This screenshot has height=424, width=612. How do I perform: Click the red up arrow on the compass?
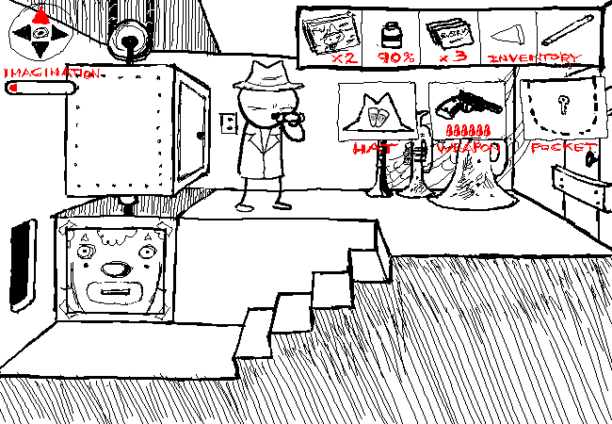click(40, 14)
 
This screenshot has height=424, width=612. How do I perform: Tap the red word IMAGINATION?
click(52, 73)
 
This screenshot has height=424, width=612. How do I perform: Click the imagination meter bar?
click(40, 88)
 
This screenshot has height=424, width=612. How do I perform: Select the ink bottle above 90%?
click(390, 35)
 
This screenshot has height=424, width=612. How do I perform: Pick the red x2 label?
click(342, 58)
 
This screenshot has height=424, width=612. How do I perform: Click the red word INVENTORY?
click(534, 57)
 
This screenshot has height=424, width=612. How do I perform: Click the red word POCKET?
click(563, 148)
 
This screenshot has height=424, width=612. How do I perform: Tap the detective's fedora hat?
click(264, 75)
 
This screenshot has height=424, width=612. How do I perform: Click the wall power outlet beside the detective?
click(227, 122)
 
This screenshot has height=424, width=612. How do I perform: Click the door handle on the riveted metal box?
click(199, 133)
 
